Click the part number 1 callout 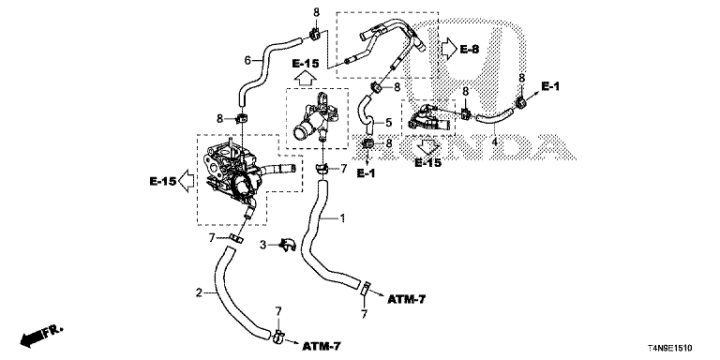point(341,217)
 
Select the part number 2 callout point(199,292)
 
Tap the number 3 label point(263,246)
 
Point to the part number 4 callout point(495,142)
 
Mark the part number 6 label point(247,60)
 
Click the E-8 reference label point(470,49)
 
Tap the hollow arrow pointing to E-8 point(448,48)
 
